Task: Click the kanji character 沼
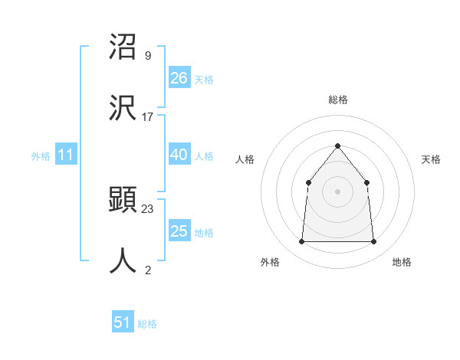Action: (x=123, y=48)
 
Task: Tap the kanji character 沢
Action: (x=123, y=107)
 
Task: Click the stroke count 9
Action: (x=147, y=56)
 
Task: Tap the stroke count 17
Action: (x=148, y=116)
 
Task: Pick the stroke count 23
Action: (x=148, y=208)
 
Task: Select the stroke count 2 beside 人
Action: (x=147, y=270)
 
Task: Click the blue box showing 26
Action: (x=179, y=78)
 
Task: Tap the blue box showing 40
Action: (x=179, y=155)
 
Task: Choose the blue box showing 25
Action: (x=179, y=231)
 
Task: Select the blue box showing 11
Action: (x=66, y=155)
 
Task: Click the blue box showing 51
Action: (x=123, y=322)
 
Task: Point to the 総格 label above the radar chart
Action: (x=337, y=100)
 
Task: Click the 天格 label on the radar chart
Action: (x=431, y=159)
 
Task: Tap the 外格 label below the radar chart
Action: (x=270, y=262)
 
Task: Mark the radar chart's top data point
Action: (x=337, y=146)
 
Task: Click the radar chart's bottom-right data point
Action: (x=373, y=242)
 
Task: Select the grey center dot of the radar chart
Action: (x=337, y=191)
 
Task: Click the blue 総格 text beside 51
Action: (x=147, y=324)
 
